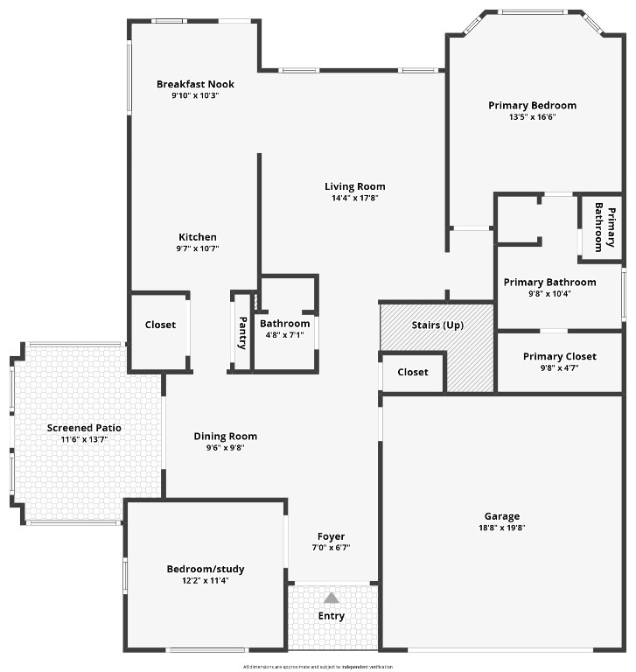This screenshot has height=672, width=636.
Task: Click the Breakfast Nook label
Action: point(195,84)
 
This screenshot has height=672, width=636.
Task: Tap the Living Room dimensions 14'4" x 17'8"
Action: point(354,198)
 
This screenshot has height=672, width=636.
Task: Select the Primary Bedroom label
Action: point(532,106)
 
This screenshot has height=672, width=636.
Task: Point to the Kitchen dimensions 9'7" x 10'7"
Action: point(198,248)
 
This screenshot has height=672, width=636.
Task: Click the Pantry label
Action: point(242,332)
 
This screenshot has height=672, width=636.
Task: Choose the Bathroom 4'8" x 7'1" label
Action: point(284,324)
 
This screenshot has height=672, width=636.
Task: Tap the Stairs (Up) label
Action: point(437,325)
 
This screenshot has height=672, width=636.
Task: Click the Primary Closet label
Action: point(559,356)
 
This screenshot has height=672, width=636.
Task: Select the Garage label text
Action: point(502,516)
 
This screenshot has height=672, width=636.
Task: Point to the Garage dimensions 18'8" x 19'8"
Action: point(502,528)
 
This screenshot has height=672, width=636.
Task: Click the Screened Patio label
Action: point(84,428)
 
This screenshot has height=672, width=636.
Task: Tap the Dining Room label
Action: point(225,437)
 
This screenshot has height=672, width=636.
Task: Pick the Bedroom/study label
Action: point(206,569)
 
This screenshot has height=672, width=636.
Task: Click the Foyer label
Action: point(331,536)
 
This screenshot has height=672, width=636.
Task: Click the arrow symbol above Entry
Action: point(331,598)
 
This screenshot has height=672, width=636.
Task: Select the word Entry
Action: point(331,616)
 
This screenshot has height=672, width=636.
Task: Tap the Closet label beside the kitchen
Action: point(160,325)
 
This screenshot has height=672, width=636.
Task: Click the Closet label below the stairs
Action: point(413,372)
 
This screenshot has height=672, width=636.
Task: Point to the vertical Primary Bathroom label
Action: point(604,227)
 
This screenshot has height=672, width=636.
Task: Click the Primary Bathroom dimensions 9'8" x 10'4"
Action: point(549,293)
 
